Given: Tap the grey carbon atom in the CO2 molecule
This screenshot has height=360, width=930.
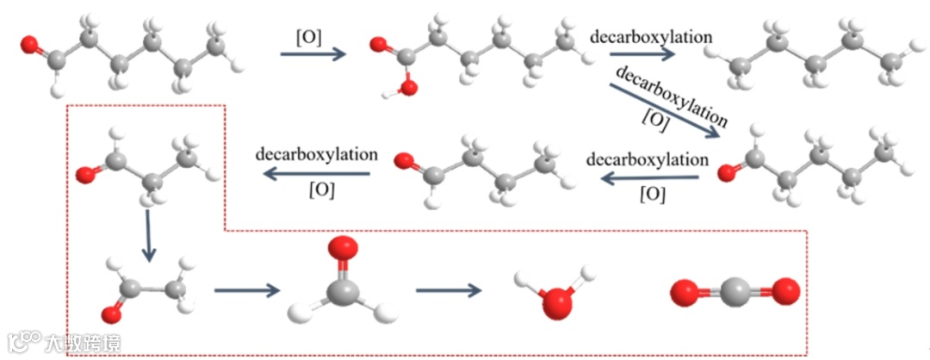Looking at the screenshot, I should [x=729, y=294].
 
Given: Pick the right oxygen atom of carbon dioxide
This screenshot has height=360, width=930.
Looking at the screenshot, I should [x=785, y=294].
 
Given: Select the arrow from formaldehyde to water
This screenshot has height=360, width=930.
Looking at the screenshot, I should [x=448, y=289].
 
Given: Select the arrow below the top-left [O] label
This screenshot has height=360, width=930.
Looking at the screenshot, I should [x=313, y=54].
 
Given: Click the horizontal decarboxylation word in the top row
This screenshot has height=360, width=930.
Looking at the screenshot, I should [x=651, y=37].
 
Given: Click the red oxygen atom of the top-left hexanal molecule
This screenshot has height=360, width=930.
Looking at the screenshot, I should [x=29, y=42].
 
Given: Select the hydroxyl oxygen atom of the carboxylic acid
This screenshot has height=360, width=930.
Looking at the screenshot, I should [x=408, y=86].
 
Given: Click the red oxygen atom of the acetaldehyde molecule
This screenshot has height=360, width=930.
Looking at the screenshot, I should [x=109, y=310].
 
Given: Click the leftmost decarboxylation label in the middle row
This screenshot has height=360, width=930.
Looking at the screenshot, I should [x=316, y=155].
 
